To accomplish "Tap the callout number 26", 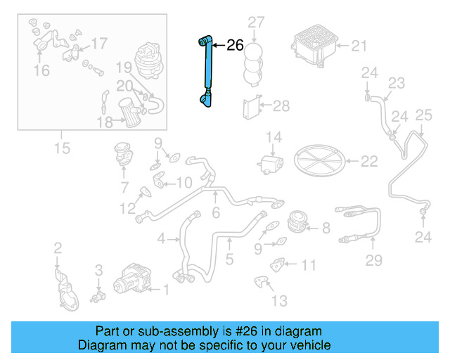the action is pyautogui.click(x=235, y=46).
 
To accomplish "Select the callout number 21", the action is pyautogui.click(x=359, y=46).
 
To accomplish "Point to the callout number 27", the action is pyautogui.click(x=255, y=22).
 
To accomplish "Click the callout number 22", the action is pyautogui.click(x=369, y=162).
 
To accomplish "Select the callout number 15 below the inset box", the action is pyautogui.click(x=62, y=148).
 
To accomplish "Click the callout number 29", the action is pyautogui.click(x=373, y=262).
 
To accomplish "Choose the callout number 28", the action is pyautogui.click(x=281, y=106).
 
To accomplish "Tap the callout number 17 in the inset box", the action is pyautogui.click(x=99, y=44).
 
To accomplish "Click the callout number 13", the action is pyautogui.click(x=279, y=301).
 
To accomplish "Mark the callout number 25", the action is pyautogui.click(x=423, y=115).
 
